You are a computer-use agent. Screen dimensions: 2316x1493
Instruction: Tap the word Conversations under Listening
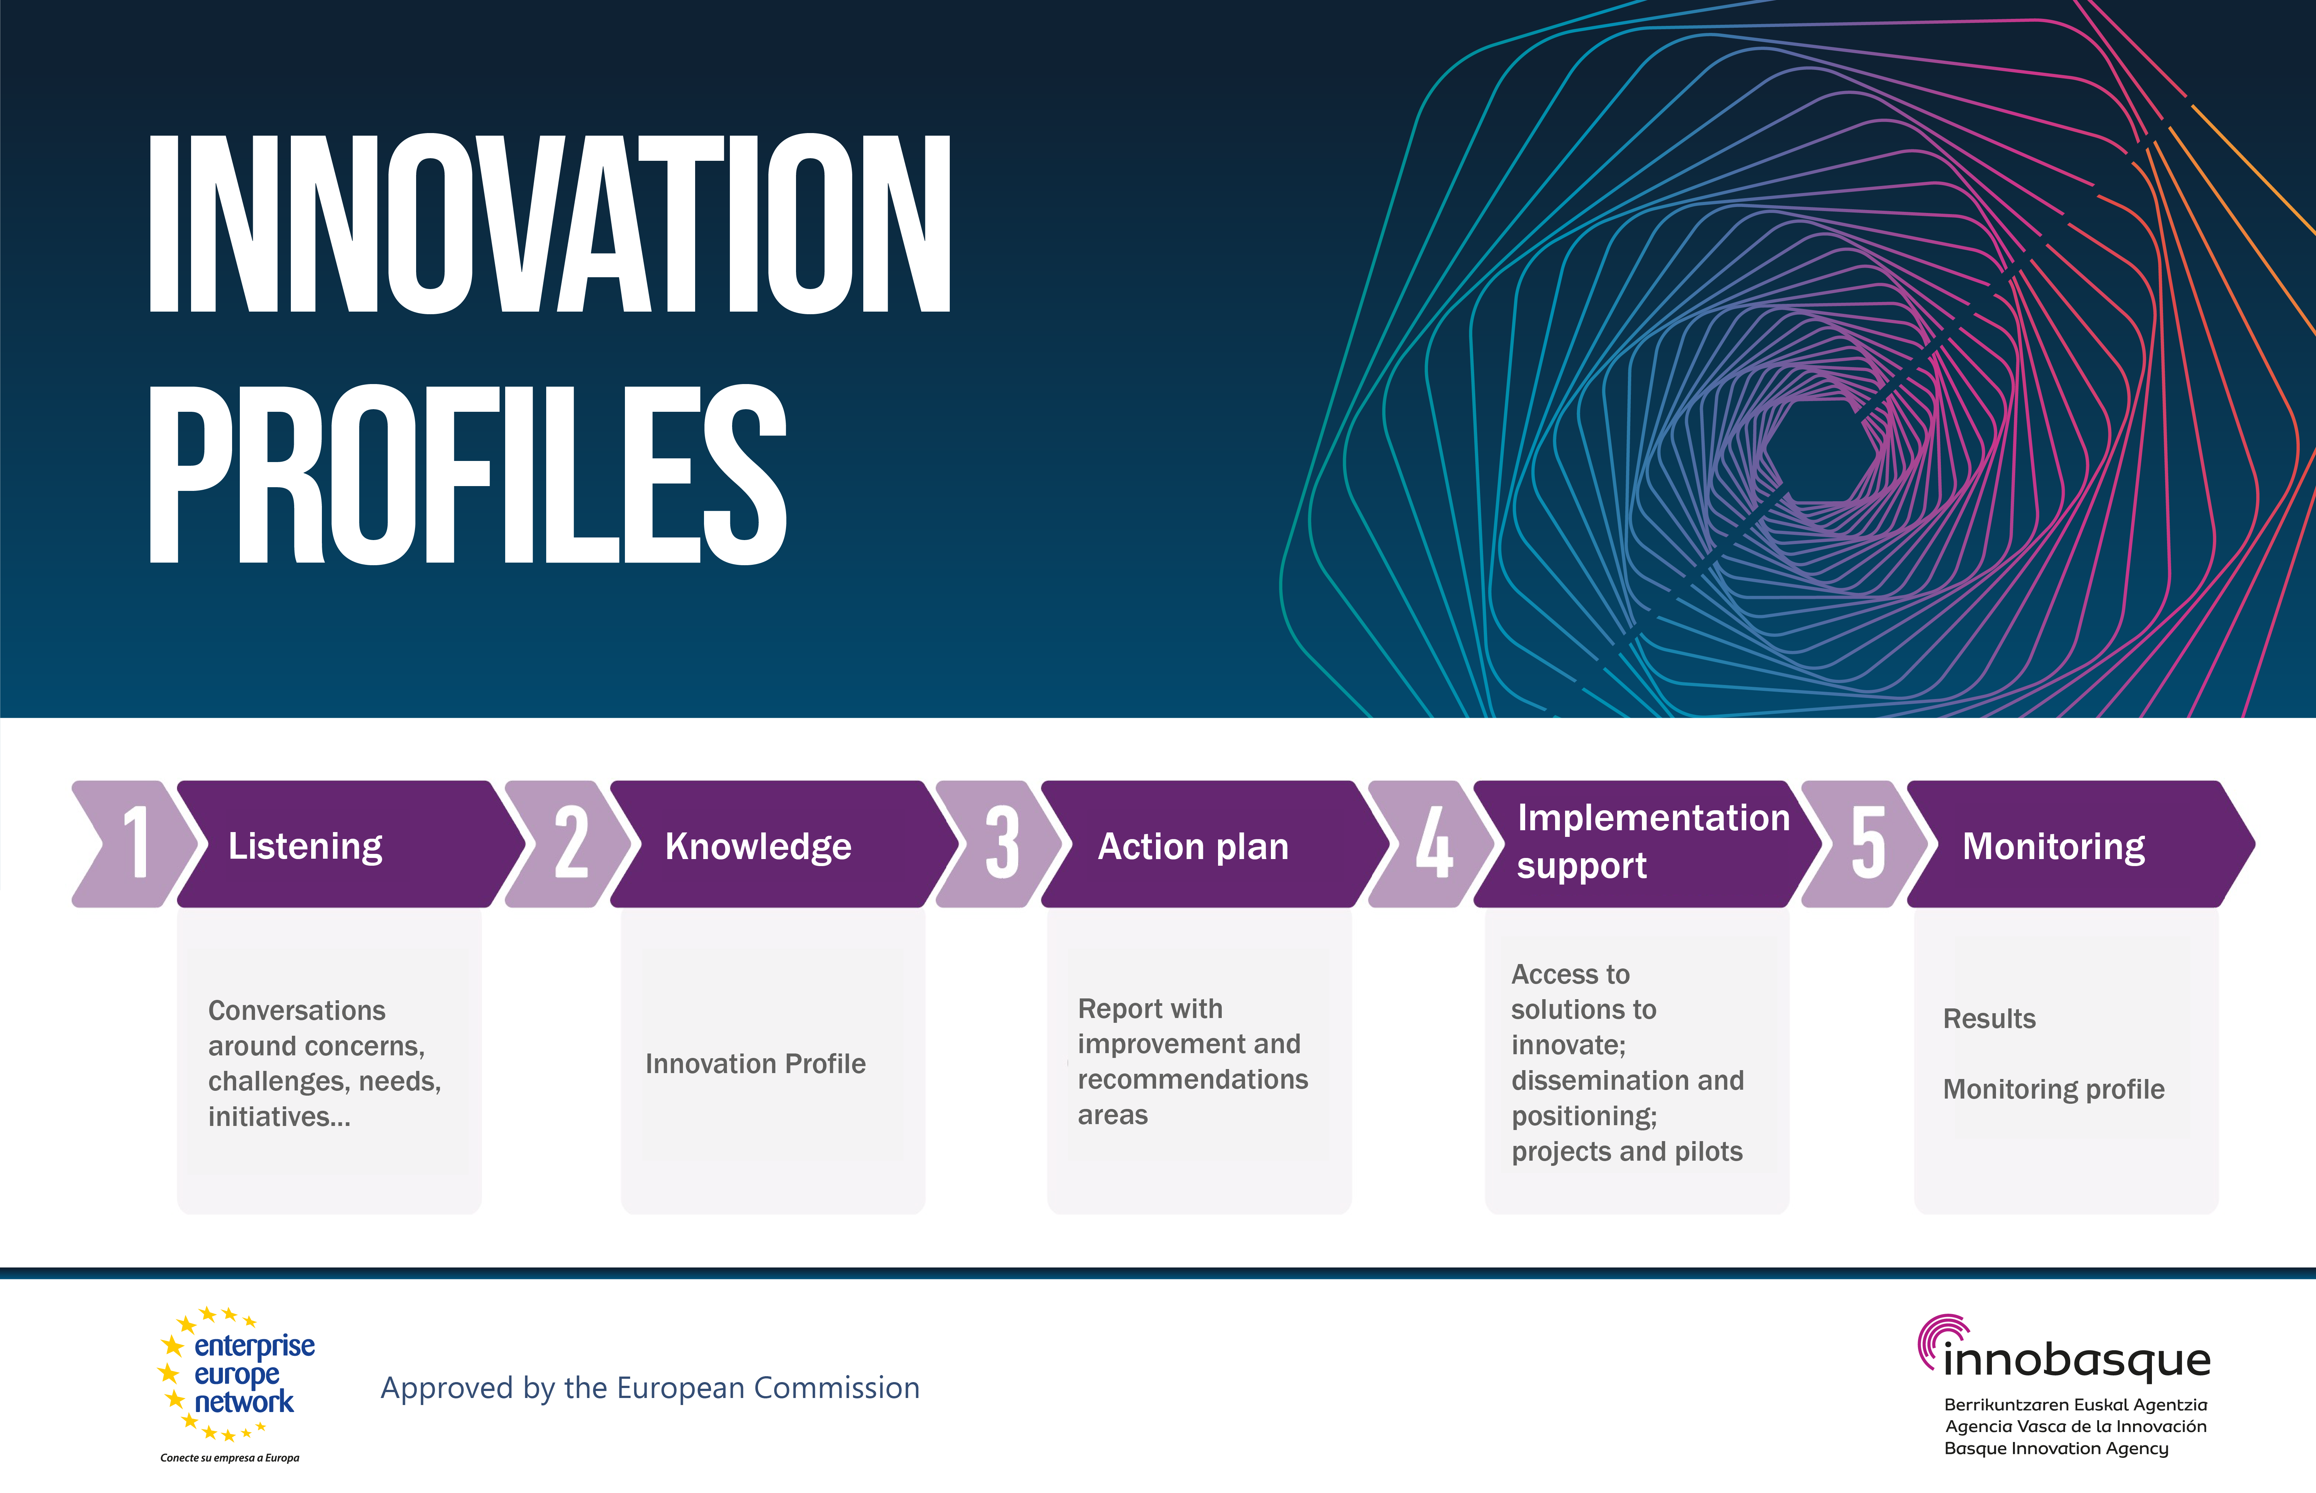point(296,1010)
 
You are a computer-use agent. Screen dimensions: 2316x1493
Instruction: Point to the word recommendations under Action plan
point(1193,1079)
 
